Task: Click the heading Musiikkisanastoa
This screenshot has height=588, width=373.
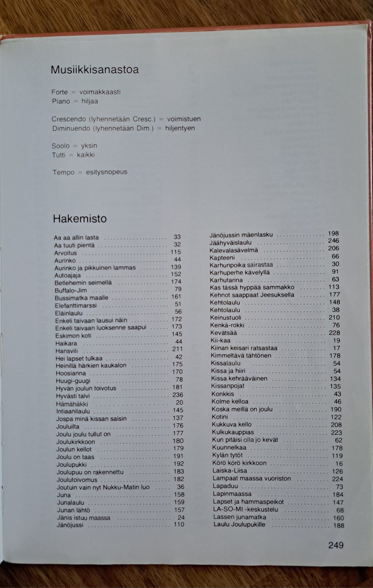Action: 94,70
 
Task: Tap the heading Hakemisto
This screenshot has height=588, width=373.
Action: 80,219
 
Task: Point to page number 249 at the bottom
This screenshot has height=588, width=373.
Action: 336,545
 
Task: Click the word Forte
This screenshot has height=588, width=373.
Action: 59,92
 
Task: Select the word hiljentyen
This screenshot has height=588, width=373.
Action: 180,128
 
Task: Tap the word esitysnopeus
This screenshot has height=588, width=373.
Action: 106,172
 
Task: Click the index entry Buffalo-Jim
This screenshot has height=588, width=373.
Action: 71,290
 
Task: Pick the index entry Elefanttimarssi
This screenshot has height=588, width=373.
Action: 76,305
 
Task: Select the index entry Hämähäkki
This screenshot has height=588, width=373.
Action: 72,404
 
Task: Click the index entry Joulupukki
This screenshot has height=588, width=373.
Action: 71,465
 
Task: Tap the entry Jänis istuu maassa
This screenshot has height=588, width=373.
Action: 84,518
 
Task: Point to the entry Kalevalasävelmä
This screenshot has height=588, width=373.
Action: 234,250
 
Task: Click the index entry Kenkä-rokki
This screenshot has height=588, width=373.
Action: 227,325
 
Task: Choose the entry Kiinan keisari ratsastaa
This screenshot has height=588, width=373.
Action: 244,348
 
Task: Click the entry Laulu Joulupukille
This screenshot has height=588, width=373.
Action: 239,525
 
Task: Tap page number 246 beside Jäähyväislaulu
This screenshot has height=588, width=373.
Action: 333,241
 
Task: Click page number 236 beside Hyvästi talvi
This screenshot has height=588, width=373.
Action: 178,395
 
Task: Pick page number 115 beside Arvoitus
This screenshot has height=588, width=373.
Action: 176,252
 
